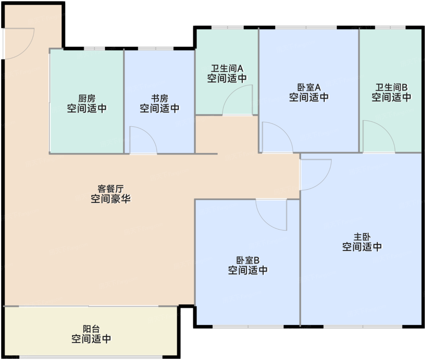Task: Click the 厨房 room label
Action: [x=87, y=99]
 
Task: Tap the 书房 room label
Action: [x=159, y=99]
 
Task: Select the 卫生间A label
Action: [x=227, y=68]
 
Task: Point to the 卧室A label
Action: [x=309, y=88]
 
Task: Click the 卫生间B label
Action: [x=391, y=88]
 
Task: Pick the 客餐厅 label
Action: [x=110, y=189]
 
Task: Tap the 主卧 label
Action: [x=362, y=237]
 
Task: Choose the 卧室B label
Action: [x=248, y=260]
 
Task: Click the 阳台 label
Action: [x=91, y=329]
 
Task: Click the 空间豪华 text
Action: [x=110, y=199]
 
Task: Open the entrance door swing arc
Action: [x=18, y=43]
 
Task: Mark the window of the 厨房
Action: [x=94, y=48]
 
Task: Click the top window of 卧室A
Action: [x=306, y=28]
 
